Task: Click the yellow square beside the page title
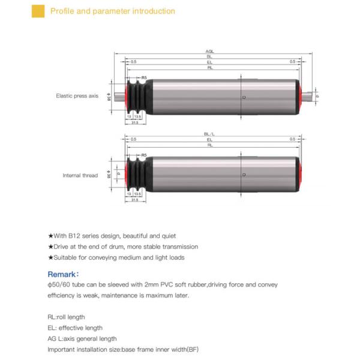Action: (x=38, y=11)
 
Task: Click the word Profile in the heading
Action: (x=62, y=11)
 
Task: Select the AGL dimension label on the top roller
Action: (x=209, y=52)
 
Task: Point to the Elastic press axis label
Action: (x=77, y=95)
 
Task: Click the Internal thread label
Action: (x=80, y=176)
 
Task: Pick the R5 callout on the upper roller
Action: (x=144, y=77)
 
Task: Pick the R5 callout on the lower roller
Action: (x=144, y=155)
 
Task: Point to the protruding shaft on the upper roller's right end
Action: (x=309, y=95)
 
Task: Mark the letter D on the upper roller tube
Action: (x=243, y=95)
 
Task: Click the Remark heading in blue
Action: (x=63, y=274)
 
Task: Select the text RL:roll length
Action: (x=66, y=317)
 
